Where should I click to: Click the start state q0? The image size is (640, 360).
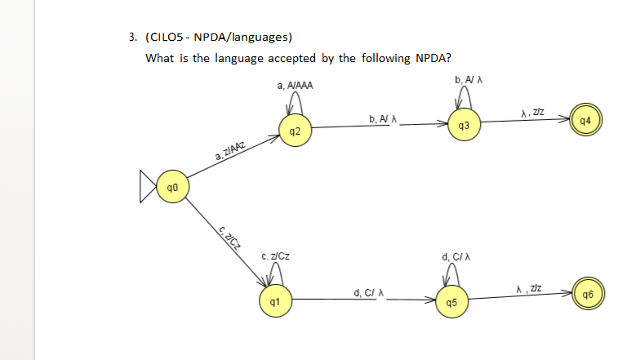point(172,186)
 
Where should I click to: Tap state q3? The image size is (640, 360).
point(463,126)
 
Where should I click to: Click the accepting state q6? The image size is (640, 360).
point(589,294)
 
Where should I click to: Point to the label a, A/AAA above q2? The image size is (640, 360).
point(296,85)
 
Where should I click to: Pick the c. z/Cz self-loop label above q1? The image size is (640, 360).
point(274,256)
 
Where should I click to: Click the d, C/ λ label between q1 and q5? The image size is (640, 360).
point(369,292)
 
